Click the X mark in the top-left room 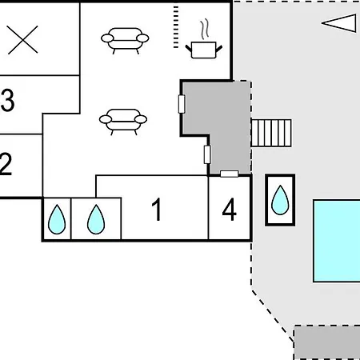[22, 40]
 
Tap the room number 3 [7, 100]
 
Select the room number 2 [6, 164]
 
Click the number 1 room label [157, 210]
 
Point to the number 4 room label [230, 210]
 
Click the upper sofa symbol [125, 41]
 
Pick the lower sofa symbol [123, 122]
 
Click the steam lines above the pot [205, 29]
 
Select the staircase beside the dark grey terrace [271, 133]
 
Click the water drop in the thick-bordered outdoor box [280, 200]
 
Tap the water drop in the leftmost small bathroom [57, 219]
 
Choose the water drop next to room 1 [96, 219]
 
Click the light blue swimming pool [337, 241]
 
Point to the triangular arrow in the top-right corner [339, 23]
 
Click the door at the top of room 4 [230, 174]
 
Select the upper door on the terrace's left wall [182, 104]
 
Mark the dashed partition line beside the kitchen [176, 26]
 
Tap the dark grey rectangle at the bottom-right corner [327, 342]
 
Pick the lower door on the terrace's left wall [207, 154]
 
